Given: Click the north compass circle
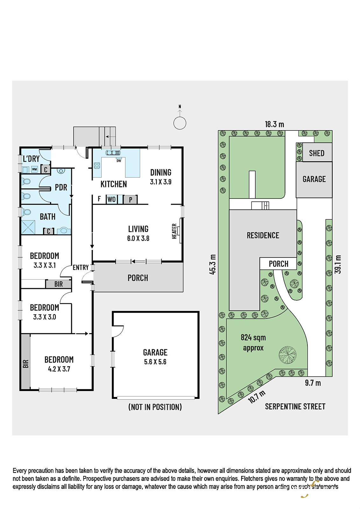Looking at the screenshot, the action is click(x=180, y=123).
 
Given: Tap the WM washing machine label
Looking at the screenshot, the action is click(x=34, y=169).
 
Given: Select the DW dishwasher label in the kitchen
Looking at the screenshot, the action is click(x=119, y=161).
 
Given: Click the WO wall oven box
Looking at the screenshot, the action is click(x=111, y=199).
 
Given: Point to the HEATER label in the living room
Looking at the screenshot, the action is click(x=174, y=231).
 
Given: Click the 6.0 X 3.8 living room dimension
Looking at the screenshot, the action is click(x=138, y=238).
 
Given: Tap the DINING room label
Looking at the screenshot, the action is click(x=161, y=172).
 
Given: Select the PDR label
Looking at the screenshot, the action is click(x=61, y=187).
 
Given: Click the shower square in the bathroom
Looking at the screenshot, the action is click(x=28, y=227).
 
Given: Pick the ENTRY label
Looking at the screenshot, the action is click(x=81, y=268).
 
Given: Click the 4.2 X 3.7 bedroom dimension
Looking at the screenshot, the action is click(x=59, y=369).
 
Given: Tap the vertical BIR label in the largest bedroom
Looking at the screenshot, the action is click(x=26, y=364).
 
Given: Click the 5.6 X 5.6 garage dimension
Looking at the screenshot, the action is click(x=155, y=362).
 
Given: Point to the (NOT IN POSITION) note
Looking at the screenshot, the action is click(x=155, y=407).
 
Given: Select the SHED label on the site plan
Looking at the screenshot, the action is click(x=317, y=153).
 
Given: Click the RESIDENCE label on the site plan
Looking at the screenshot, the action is click(x=263, y=235).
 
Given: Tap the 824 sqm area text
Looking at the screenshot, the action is click(x=253, y=338).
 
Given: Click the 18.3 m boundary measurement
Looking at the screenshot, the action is click(x=274, y=124).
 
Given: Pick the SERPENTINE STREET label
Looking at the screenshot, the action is click(x=295, y=406).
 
